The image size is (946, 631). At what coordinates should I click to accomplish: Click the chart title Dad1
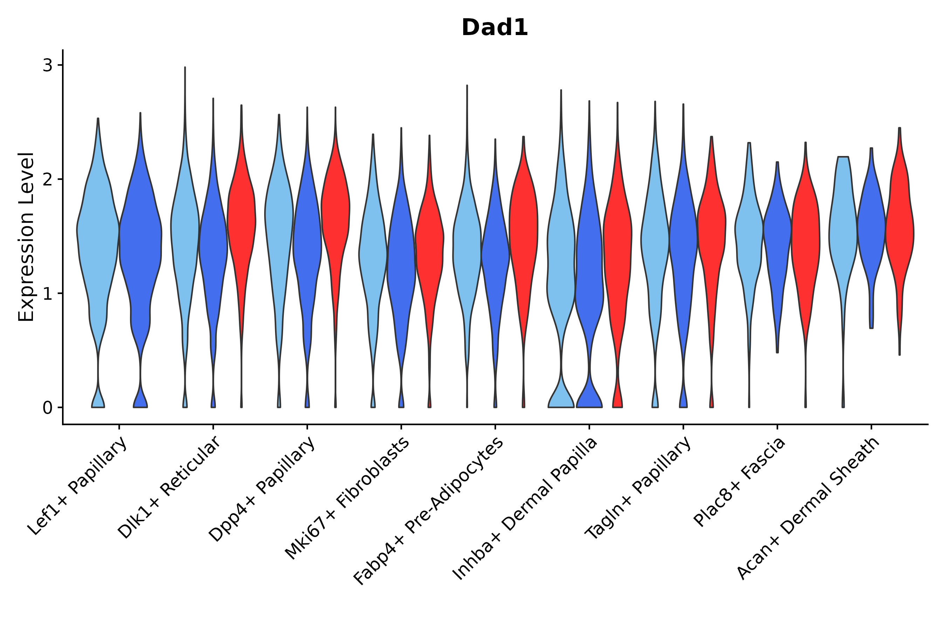tap(494, 28)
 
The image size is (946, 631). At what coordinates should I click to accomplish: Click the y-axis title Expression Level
tap(26, 237)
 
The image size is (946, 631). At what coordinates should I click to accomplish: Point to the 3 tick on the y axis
tap(48, 65)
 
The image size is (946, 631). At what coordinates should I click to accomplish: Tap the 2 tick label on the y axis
tap(48, 179)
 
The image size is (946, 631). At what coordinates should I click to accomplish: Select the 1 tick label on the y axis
tap(48, 294)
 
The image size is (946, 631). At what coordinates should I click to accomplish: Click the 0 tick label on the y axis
tap(48, 408)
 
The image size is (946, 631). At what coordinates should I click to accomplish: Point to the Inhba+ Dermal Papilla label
tap(525, 509)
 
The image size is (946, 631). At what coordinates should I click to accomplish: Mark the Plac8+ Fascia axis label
tap(739, 482)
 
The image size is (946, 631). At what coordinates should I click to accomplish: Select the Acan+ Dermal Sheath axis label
tap(808, 509)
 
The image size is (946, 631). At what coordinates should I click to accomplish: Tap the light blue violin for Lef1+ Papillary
tap(98, 233)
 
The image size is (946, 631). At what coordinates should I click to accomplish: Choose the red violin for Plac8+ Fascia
tap(806, 242)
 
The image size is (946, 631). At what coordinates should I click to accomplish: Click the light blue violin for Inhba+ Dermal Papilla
tap(561, 262)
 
